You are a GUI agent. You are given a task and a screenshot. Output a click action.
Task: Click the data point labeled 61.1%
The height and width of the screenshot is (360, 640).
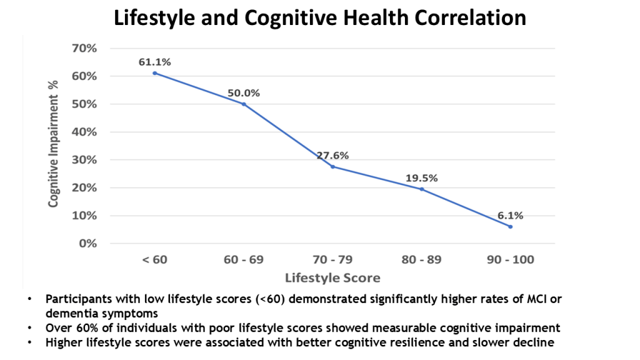coord(154,73)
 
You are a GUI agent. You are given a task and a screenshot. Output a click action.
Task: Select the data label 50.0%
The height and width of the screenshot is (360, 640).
coord(244,93)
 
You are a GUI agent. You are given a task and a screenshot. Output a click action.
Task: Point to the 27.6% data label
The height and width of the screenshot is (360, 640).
coord(332,156)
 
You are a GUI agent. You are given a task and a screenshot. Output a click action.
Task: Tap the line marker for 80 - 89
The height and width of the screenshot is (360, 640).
coord(421,189)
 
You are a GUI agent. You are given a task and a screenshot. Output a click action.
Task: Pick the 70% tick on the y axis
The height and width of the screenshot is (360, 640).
coord(85,48)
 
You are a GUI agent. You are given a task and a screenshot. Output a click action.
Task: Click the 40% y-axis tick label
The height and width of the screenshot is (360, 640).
coord(85,132)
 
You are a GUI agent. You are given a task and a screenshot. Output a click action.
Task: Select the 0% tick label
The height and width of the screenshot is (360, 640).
coord(88,243)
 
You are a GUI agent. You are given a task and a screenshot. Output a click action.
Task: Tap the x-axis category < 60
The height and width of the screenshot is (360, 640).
coord(154,260)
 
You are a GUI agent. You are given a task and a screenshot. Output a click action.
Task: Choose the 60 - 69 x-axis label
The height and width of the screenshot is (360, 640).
coord(243,260)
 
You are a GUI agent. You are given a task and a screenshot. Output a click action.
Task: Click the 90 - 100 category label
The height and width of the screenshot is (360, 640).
coord(511,260)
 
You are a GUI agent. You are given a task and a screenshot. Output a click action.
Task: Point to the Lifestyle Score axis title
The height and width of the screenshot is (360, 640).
coord(332,277)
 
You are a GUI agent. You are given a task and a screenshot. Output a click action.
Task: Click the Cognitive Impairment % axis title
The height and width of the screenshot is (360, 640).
coord(54,143)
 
